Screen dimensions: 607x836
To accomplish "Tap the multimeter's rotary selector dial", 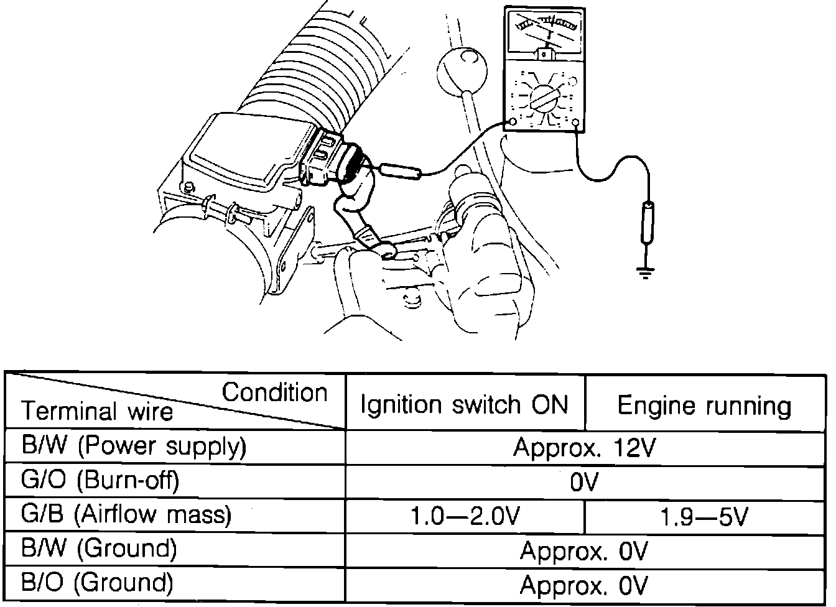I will coord(544,98).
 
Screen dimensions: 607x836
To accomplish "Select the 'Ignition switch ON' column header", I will coord(465,405).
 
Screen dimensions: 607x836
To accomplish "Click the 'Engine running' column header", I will coord(704,405).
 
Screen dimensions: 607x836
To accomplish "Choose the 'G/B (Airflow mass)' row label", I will coord(126,515).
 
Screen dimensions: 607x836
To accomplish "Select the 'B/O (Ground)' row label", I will coord(97,583).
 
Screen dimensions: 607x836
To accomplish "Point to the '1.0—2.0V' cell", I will coord(465,516).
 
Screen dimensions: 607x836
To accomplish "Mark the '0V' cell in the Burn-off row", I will coord(584,481).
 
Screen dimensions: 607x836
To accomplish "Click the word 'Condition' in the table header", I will coord(274,392).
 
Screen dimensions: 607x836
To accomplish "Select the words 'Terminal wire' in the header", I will coord(98,411).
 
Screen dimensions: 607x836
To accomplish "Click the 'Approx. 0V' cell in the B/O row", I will coord(584,585).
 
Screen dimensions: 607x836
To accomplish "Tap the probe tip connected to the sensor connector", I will coord(398,170).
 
